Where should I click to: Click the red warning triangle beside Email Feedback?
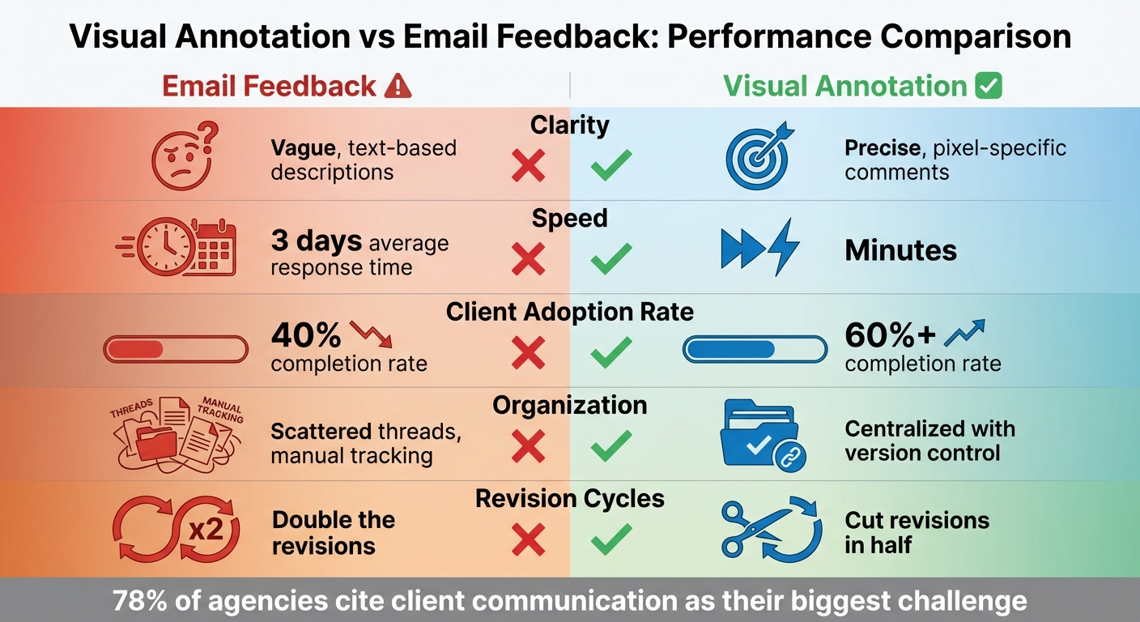click(x=397, y=86)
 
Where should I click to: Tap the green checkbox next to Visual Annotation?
click(x=989, y=86)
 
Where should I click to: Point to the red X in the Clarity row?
click(x=529, y=168)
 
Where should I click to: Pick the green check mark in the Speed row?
click(x=611, y=259)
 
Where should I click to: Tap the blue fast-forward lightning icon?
click(x=759, y=247)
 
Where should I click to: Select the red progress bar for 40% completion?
click(x=176, y=349)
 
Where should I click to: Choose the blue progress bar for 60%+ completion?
click(x=755, y=349)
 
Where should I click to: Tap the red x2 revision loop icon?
click(x=177, y=530)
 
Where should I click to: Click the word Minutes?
click(x=900, y=250)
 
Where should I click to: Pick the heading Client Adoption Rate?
click(x=570, y=312)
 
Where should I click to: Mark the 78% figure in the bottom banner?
click(x=139, y=601)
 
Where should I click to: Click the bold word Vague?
click(x=302, y=148)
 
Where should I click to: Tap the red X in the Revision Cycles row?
click(x=529, y=539)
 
